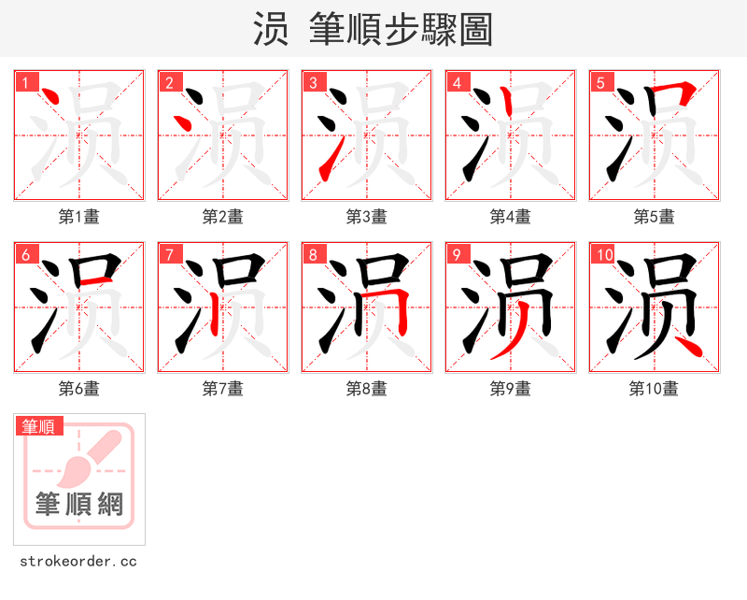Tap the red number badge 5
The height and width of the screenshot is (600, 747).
[x=600, y=82]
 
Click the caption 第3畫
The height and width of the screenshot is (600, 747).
[x=366, y=217]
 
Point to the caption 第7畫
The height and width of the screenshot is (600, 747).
[x=222, y=389]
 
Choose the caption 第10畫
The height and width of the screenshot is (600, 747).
[x=654, y=389]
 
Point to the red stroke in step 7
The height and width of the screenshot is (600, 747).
[x=214, y=314]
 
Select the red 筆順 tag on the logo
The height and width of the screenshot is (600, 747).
[x=39, y=426]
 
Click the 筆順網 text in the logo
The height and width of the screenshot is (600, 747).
[x=79, y=505]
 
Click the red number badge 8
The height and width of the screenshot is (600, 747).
[x=313, y=254]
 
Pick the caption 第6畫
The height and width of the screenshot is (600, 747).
[x=78, y=389]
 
